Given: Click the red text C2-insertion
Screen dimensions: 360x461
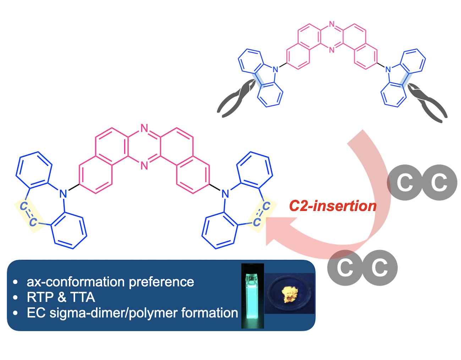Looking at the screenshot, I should click(x=333, y=206).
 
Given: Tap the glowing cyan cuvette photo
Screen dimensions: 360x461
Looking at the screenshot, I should click(x=252, y=295).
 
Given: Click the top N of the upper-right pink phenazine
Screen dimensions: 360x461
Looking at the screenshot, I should click(x=331, y=24).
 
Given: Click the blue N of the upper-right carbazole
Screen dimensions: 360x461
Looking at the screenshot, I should click(x=388, y=69).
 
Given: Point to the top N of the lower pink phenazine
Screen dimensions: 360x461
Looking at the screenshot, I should click(x=144, y=128).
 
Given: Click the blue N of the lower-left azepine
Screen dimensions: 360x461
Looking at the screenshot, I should click(x=63, y=194).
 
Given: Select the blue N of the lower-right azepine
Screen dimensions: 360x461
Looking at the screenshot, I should click(x=225, y=194).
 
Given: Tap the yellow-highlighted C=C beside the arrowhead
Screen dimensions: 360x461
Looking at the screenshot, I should click(x=261, y=214).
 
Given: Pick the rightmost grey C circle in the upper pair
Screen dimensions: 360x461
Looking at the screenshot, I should click(x=439, y=182).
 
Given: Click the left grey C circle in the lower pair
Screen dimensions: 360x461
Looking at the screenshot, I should click(x=345, y=268).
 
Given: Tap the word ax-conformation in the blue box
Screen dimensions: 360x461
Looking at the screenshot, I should click(x=76, y=282).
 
